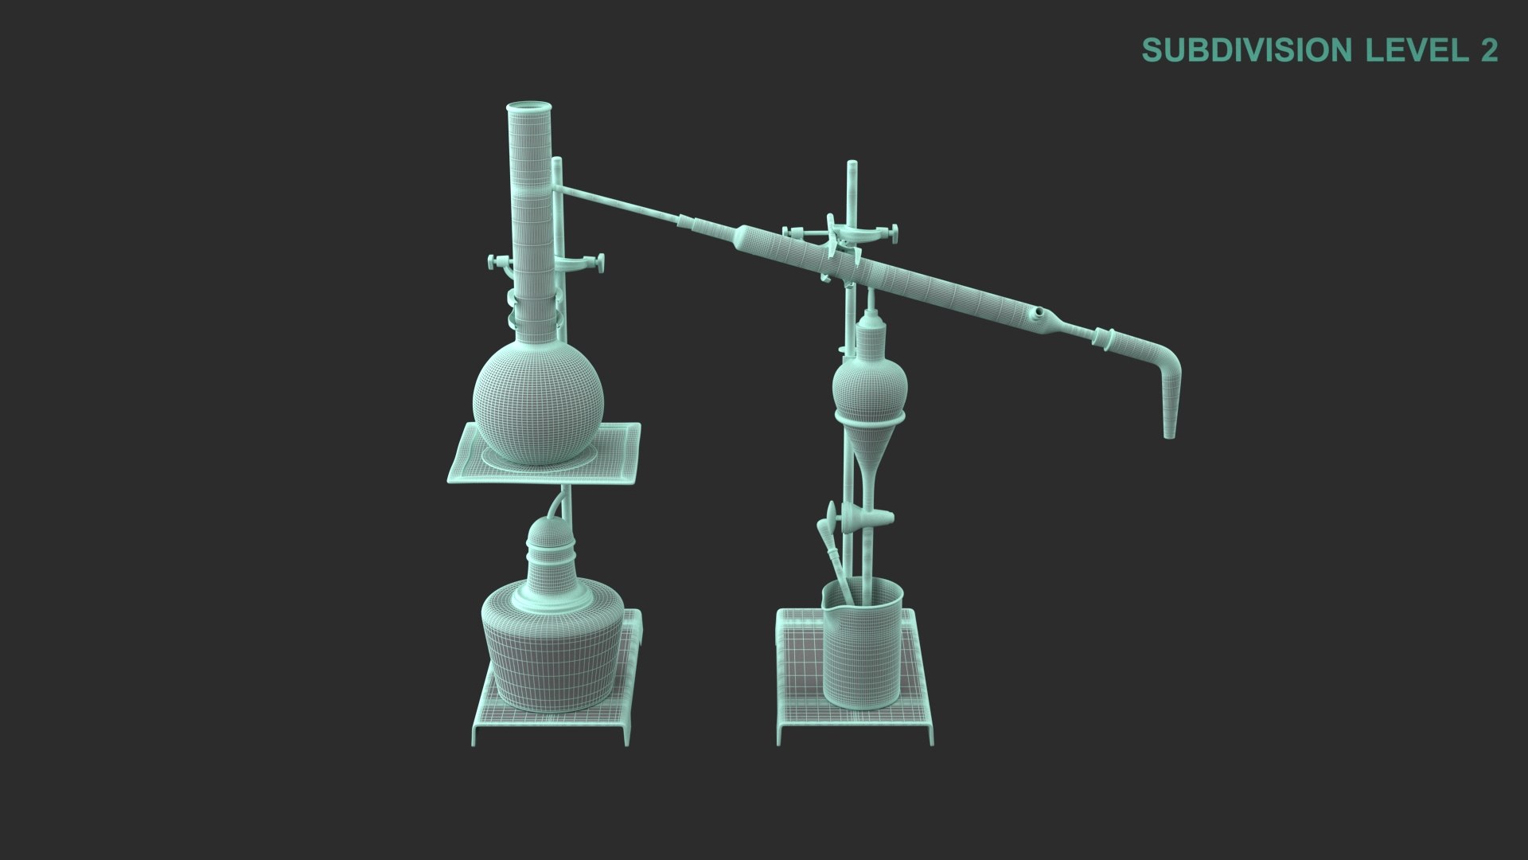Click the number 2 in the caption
[x=1489, y=50]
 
